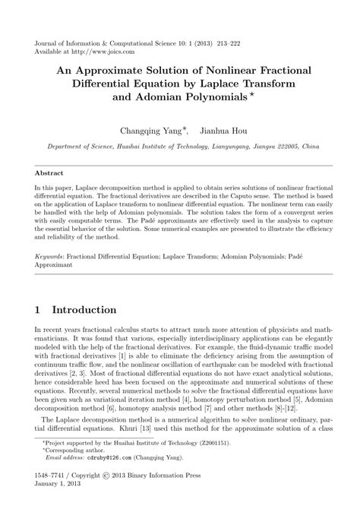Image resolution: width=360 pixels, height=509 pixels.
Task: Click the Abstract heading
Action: [x=49, y=173]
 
